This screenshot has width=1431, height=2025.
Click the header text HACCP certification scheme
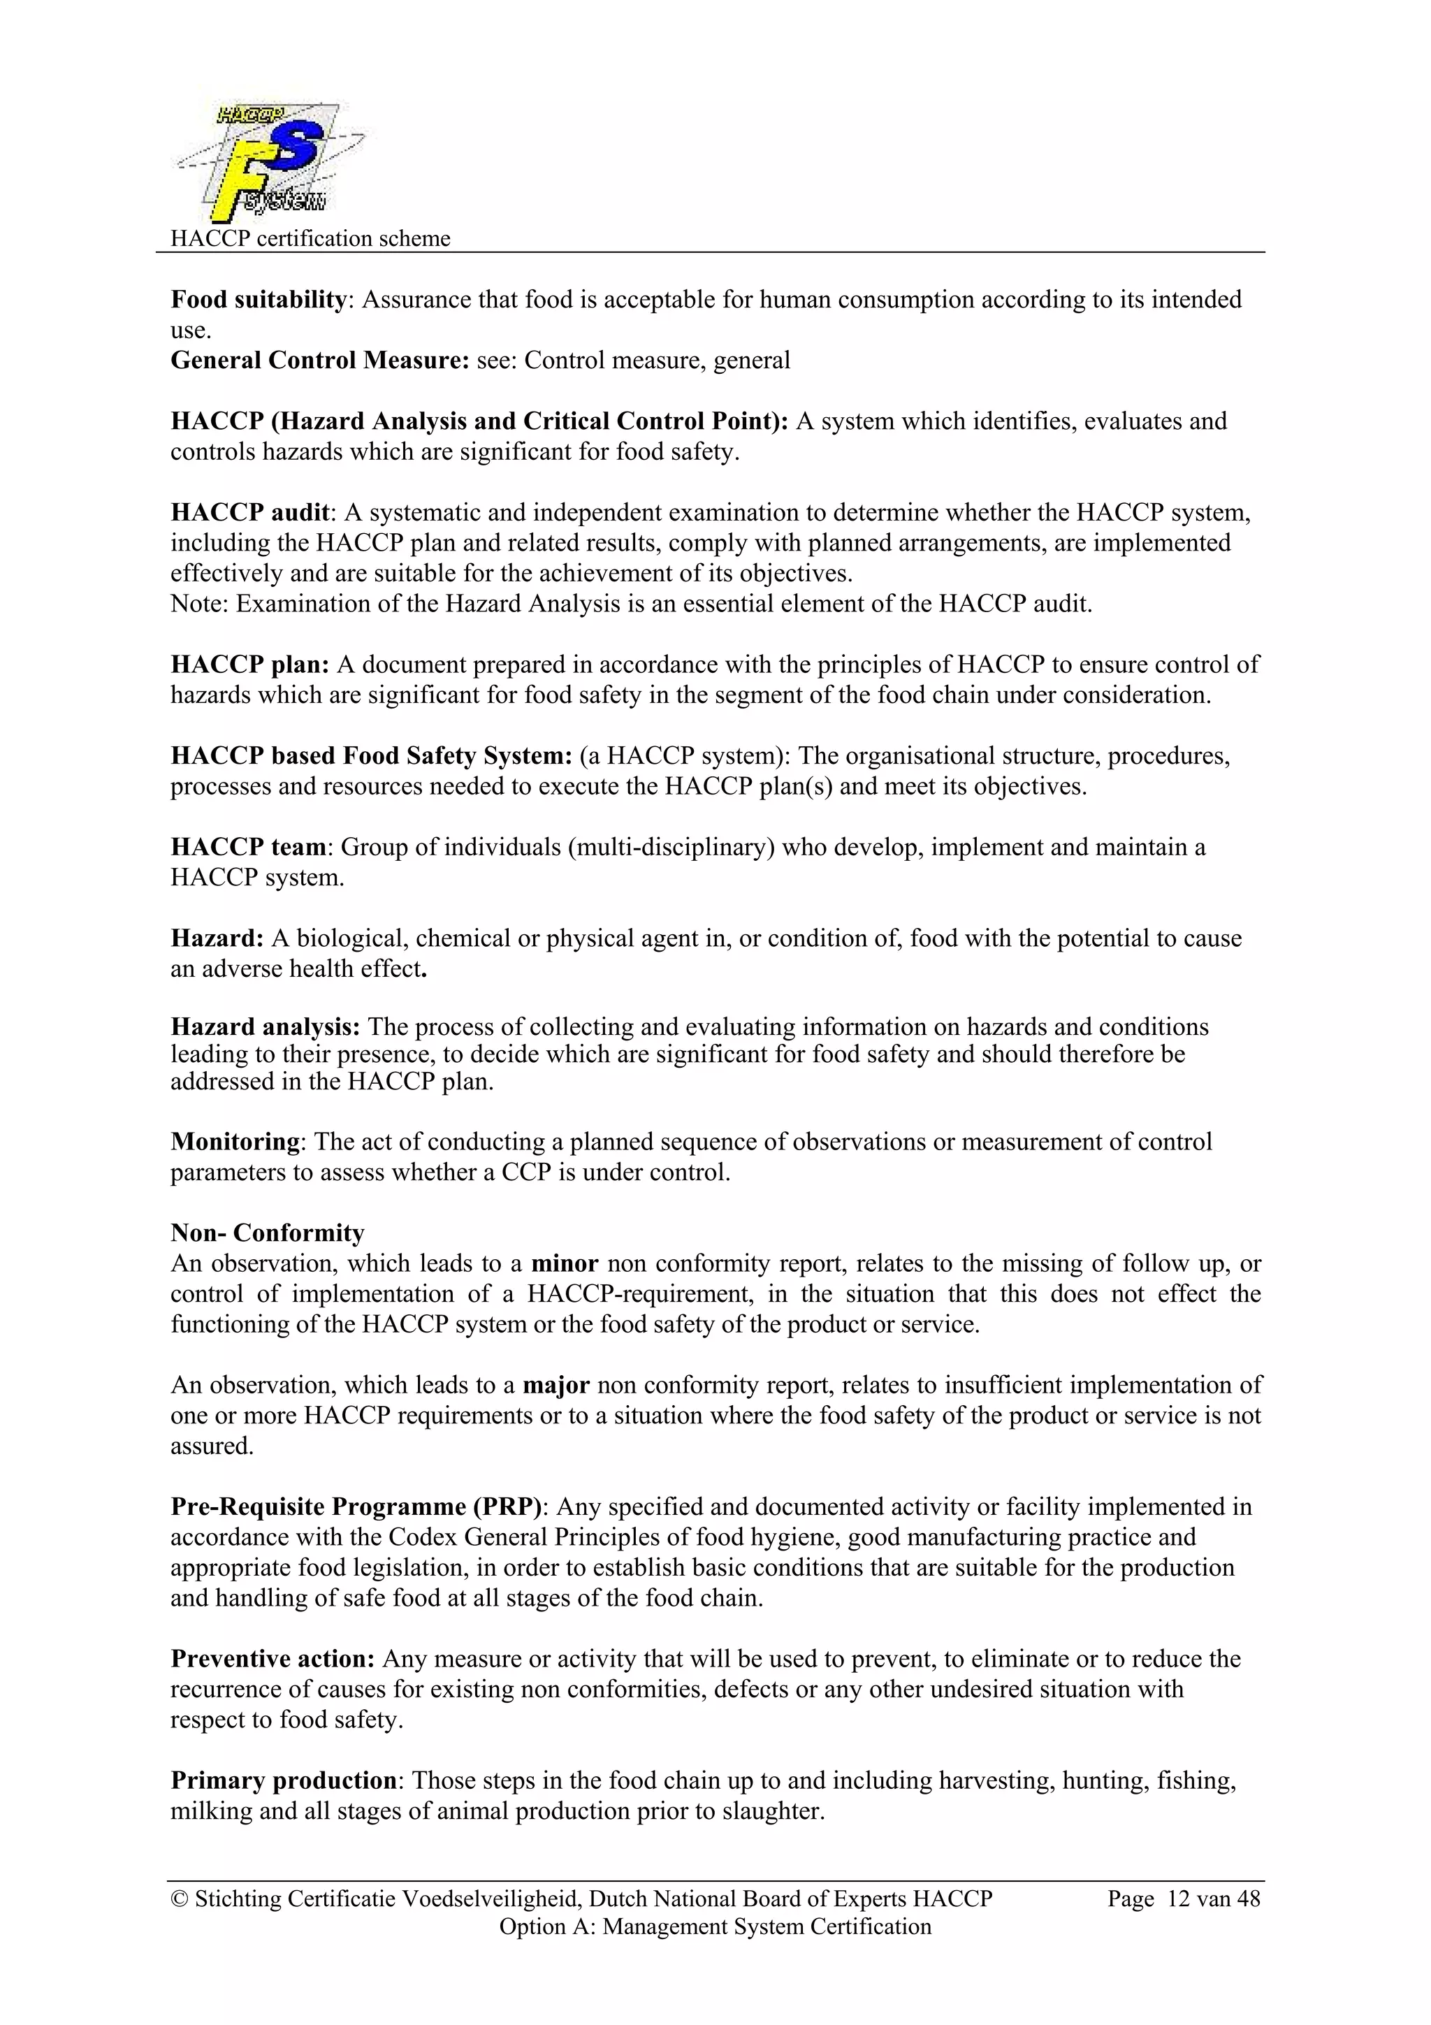310,238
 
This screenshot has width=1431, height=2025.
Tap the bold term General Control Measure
319,361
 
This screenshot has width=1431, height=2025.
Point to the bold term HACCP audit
249,512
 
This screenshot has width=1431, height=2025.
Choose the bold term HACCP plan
249,664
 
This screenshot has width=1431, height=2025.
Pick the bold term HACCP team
249,847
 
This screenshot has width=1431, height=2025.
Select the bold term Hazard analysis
265,1026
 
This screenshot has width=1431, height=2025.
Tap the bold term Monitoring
235,1141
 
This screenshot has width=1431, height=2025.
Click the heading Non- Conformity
267,1233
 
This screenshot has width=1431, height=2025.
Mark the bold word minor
565,1263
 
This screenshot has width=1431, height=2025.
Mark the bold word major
555,1385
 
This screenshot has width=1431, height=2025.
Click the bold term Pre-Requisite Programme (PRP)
357,1507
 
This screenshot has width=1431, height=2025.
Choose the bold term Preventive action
273,1659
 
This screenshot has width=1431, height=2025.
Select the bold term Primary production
283,1780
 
